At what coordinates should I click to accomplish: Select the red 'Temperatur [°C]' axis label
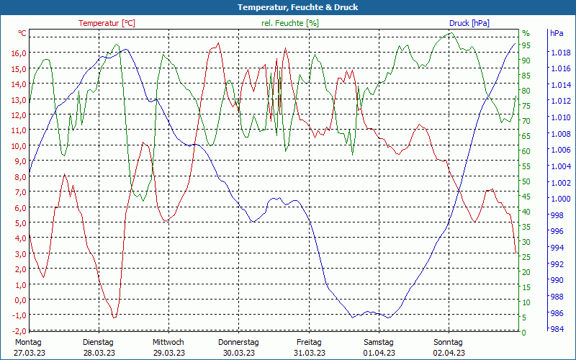(107, 23)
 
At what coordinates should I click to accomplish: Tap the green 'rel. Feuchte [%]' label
(290, 23)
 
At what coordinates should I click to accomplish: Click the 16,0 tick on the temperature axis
(19, 53)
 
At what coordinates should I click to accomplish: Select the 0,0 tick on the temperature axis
(19, 300)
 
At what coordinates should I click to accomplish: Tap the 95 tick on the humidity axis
(526, 45)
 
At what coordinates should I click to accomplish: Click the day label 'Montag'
(28, 342)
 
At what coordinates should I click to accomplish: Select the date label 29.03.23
(168, 353)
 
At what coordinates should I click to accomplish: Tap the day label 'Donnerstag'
(238, 342)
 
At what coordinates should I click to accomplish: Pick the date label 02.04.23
(449, 353)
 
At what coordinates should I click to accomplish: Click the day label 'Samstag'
(379, 342)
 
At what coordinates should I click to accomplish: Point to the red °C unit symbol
(22, 33)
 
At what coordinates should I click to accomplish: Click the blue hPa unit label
(557, 33)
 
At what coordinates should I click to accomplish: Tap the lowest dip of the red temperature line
(114, 317)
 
